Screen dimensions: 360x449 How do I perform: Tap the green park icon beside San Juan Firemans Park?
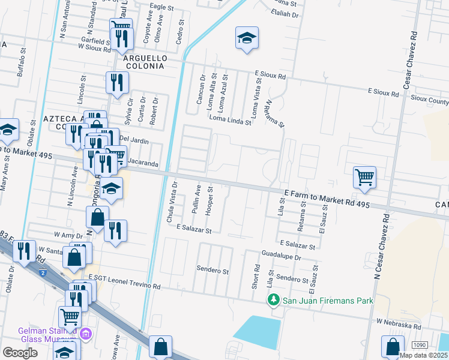click(x=274, y=299)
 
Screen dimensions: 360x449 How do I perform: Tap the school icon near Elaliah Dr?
click(x=247, y=39)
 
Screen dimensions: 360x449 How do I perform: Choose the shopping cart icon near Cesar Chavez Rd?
click(x=364, y=178)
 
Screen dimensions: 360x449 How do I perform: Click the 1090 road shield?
click(x=420, y=344)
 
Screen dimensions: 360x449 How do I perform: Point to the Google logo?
click(x=20, y=353)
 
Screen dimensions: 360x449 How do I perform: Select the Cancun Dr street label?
click(x=202, y=89)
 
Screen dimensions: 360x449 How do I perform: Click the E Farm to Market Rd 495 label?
click(x=327, y=198)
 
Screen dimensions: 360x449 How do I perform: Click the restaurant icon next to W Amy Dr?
click(x=115, y=231)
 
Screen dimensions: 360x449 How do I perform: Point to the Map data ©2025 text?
click(x=423, y=355)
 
